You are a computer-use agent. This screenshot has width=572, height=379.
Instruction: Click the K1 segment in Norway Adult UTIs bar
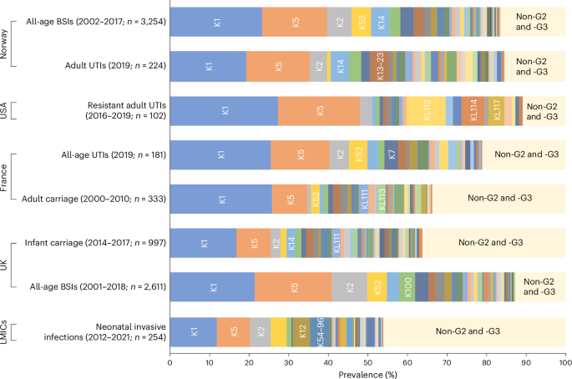[x=208, y=64]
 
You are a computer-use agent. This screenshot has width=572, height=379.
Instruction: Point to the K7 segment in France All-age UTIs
[x=391, y=154]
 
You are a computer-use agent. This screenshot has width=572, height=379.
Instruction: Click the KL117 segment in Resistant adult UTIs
[x=498, y=110]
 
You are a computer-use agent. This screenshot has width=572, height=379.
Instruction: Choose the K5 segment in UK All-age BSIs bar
[x=294, y=287]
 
